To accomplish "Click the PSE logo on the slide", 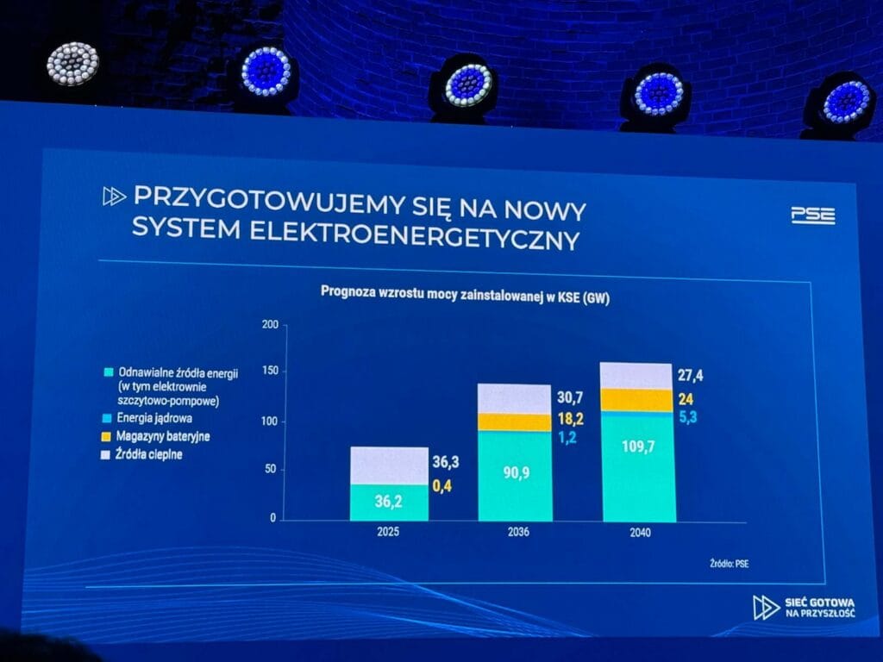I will point(812,215).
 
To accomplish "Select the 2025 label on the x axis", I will point(388,533).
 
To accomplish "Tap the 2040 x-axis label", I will point(640,534).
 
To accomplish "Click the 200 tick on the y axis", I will point(269,325).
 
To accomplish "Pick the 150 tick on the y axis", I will point(269,372).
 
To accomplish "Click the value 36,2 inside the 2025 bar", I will point(388,502).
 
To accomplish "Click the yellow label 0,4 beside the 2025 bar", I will point(443,487).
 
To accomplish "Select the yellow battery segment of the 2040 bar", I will point(637,399).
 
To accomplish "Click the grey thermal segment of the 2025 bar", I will point(388,465).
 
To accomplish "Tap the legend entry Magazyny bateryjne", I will point(163,436).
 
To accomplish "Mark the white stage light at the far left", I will point(72,64).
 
